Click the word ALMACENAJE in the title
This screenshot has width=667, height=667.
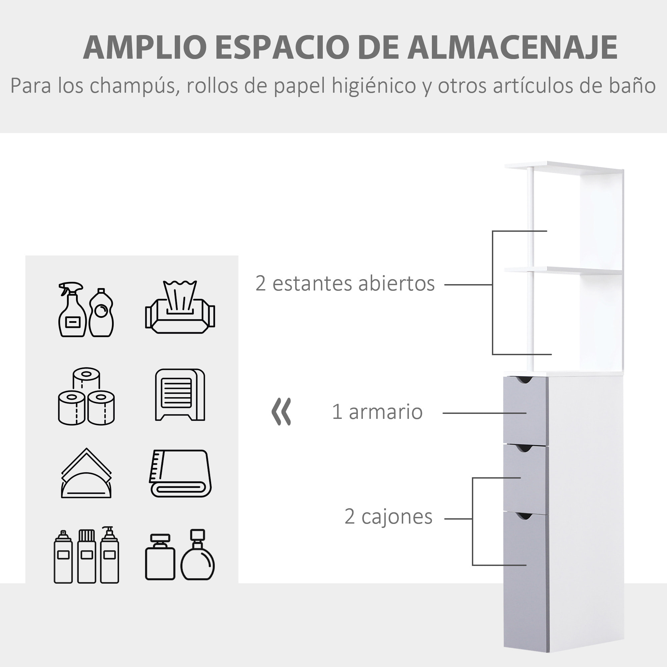point(512,47)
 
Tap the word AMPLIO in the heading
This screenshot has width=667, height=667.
point(145,47)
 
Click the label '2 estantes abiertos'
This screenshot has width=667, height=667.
point(345,283)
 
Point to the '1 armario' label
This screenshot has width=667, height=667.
point(377,412)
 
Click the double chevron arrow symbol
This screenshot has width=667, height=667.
point(281,412)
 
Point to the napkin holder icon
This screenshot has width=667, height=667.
point(86,474)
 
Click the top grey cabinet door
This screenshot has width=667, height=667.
point(525,411)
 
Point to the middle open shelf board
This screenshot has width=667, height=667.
point(563,270)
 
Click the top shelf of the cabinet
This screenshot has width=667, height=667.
point(563,167)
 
